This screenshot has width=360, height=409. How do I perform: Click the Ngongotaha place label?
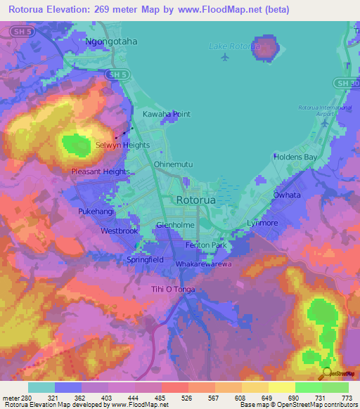[x=111, y=41]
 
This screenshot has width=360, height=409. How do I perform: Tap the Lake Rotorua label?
[x=234, y=46]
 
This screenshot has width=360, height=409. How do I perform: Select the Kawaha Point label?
[x=167, y=113]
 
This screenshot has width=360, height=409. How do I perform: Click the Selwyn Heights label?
[x=122, y=145]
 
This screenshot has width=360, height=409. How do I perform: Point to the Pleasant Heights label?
[x=101, y=171]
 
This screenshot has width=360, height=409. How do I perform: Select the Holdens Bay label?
[x=295, y=157]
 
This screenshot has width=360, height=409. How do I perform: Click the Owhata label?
[x=287, y=195]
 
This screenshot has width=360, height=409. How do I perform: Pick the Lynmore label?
[x=262, y=223]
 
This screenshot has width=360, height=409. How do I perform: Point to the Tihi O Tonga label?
[x=173, y=290]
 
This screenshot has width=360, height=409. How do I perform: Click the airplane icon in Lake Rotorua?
[x=224, y=57]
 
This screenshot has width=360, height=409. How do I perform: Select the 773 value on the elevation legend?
[x=347, y=398]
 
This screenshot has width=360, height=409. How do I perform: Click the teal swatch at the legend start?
[x=41, y=387]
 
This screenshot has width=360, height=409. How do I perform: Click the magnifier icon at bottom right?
[x=326, y=373]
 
